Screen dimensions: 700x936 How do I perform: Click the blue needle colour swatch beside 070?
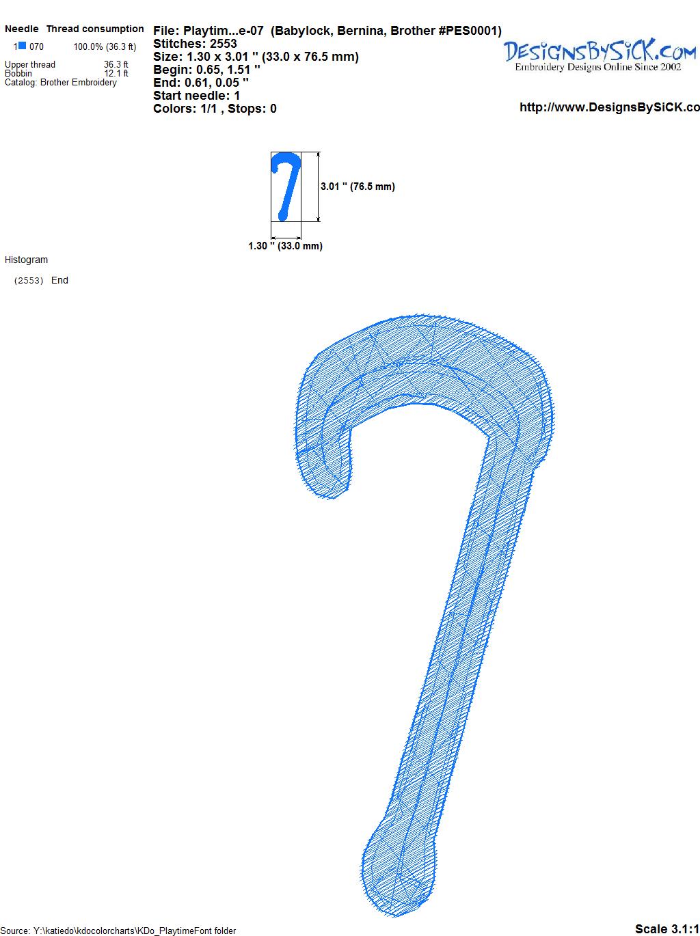(22, 46)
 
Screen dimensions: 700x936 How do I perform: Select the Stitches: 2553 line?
(195, 44)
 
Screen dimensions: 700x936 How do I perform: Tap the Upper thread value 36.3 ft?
(116, 64)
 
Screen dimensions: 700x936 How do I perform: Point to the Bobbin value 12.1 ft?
(116, 73)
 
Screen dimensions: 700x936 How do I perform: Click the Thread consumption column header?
(95, 29)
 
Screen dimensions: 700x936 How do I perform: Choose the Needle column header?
(22, 29)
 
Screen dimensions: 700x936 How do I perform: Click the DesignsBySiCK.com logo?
(600, 55)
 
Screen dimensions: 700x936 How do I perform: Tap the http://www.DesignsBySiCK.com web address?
(610, 107)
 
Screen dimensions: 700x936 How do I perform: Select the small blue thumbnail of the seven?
(286, 187)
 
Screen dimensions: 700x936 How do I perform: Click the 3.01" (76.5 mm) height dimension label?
(358, 187)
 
